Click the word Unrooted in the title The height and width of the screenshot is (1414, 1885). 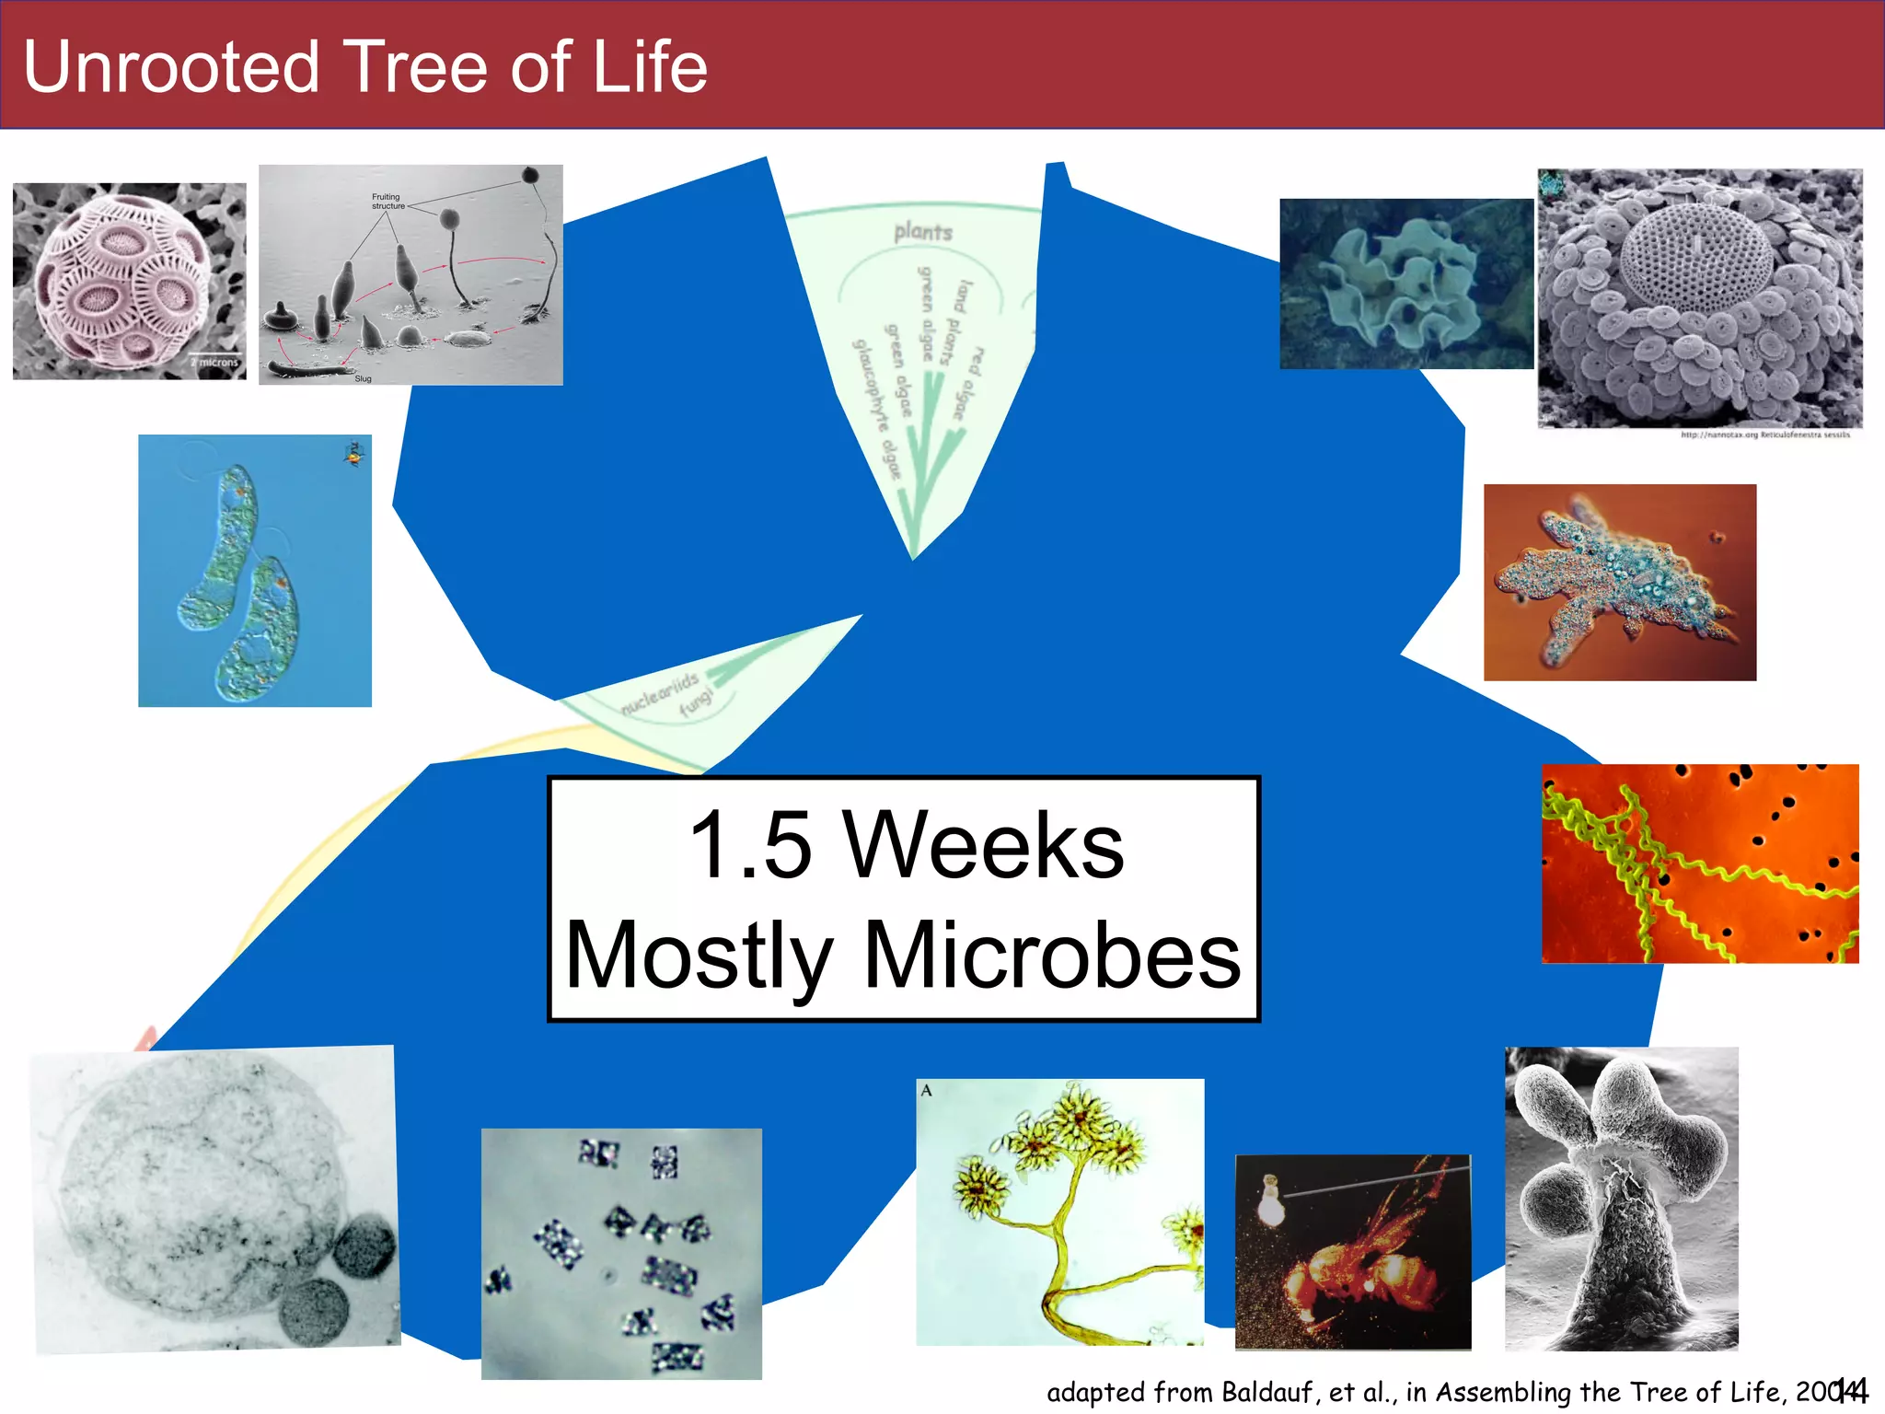coord(171,67)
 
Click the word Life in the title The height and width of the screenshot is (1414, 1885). coord(650,67)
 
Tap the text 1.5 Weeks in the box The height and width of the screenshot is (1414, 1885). coord(906,845)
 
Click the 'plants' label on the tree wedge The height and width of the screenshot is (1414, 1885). coord(922,232)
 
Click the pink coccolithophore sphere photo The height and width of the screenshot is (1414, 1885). coord(129,281)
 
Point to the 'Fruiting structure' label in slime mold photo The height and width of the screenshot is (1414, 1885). coord(387,201)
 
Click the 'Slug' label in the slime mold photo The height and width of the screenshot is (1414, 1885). coord(363,378)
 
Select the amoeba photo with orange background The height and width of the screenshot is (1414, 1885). coord(1619,582)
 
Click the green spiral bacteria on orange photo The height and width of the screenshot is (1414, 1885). coord(1699,863)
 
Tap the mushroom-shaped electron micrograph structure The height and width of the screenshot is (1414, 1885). coord(1620,1197)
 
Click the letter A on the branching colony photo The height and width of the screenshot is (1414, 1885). coord(927,1090)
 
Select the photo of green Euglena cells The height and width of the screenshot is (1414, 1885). coord(254,571)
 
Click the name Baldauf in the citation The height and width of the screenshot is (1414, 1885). coord(1260,1392)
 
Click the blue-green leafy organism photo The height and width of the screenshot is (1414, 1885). coord(1405,284)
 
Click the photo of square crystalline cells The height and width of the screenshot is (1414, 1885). coord(621,1253)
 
